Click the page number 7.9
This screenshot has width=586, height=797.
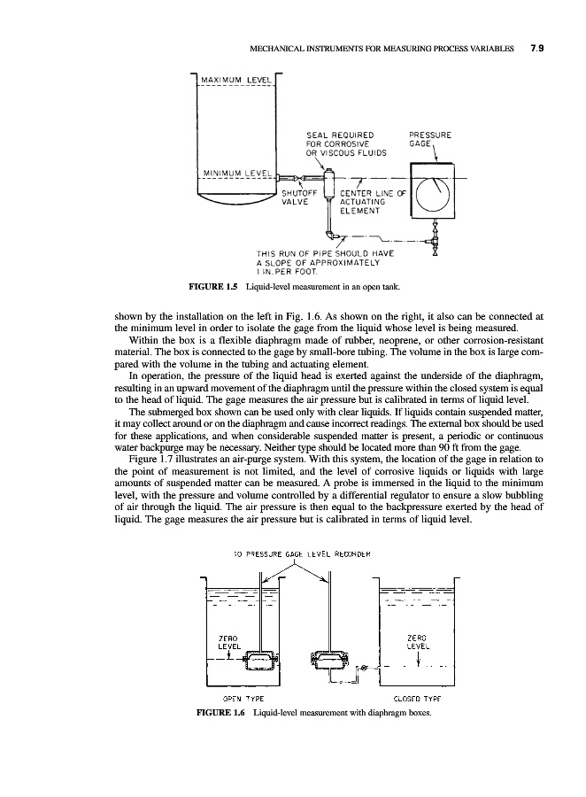click(535, 50)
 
